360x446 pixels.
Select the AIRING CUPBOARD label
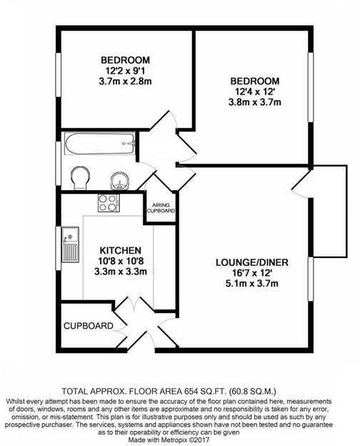pyautogui.click(x=161, y=207)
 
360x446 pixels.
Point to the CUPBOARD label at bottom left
pyautogui.click(x=89, y=326)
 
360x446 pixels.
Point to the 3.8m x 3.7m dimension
pyautogui.click(x=256, y=102)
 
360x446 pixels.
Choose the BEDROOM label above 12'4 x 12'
pyautogui.click(x=255, y=81)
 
